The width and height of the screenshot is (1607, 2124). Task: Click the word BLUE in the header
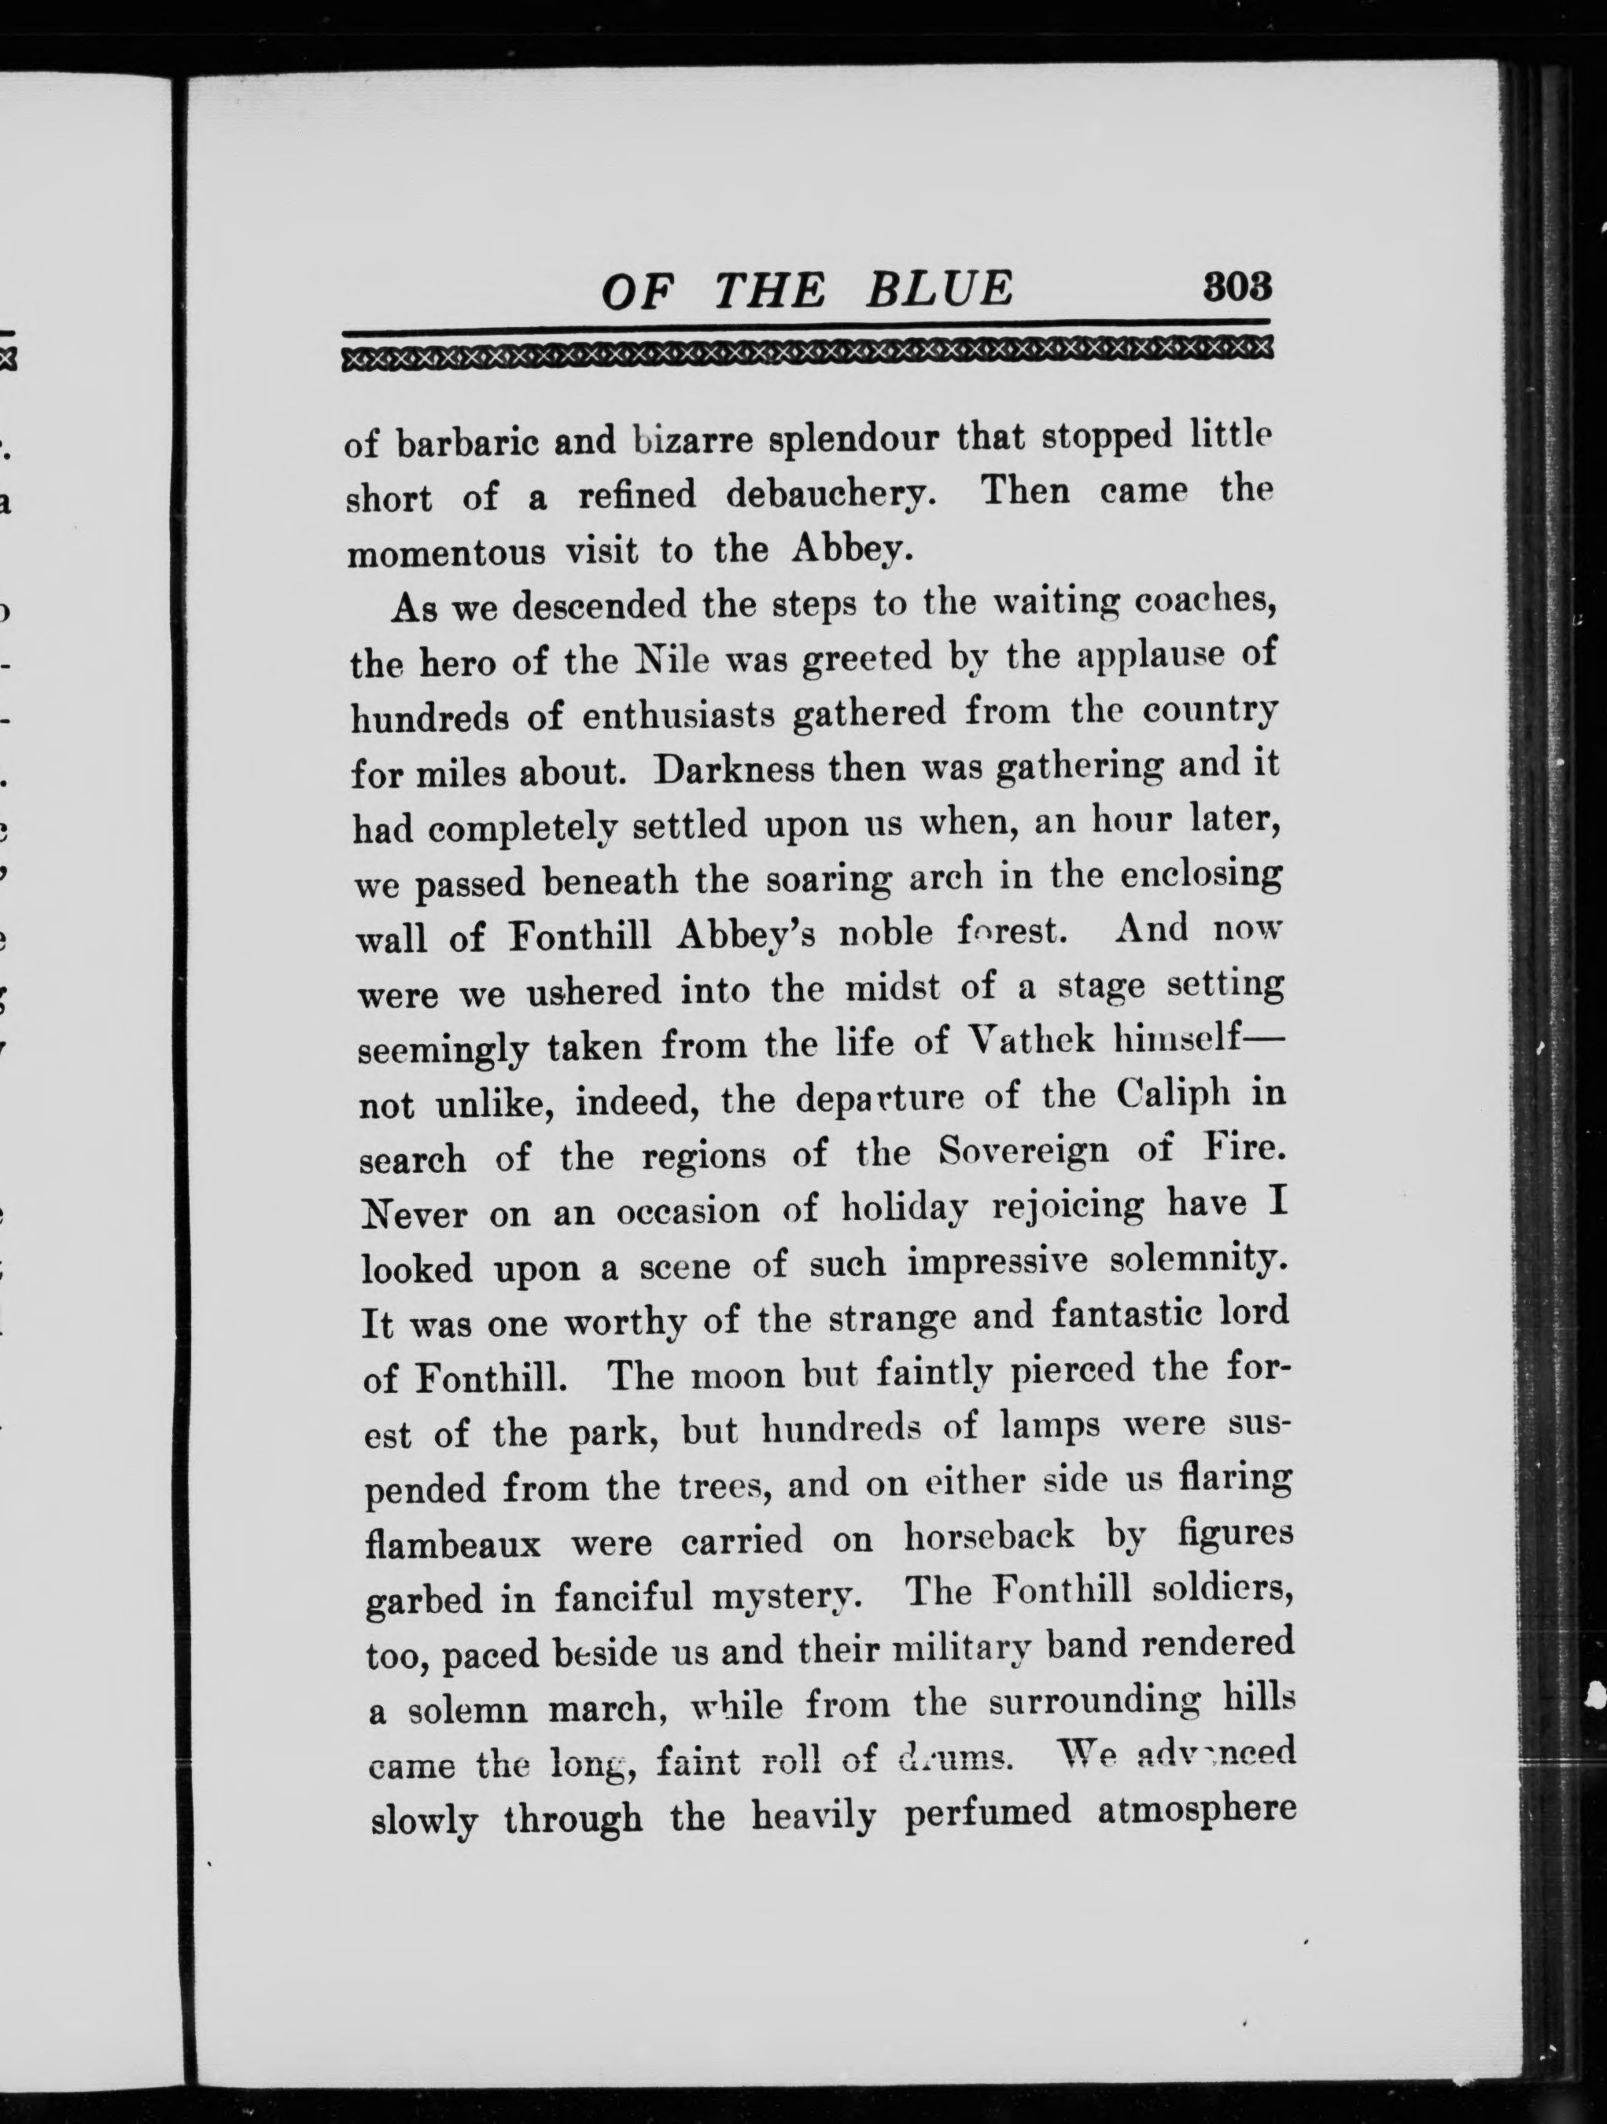938,289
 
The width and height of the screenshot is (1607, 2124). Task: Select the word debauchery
828,495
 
